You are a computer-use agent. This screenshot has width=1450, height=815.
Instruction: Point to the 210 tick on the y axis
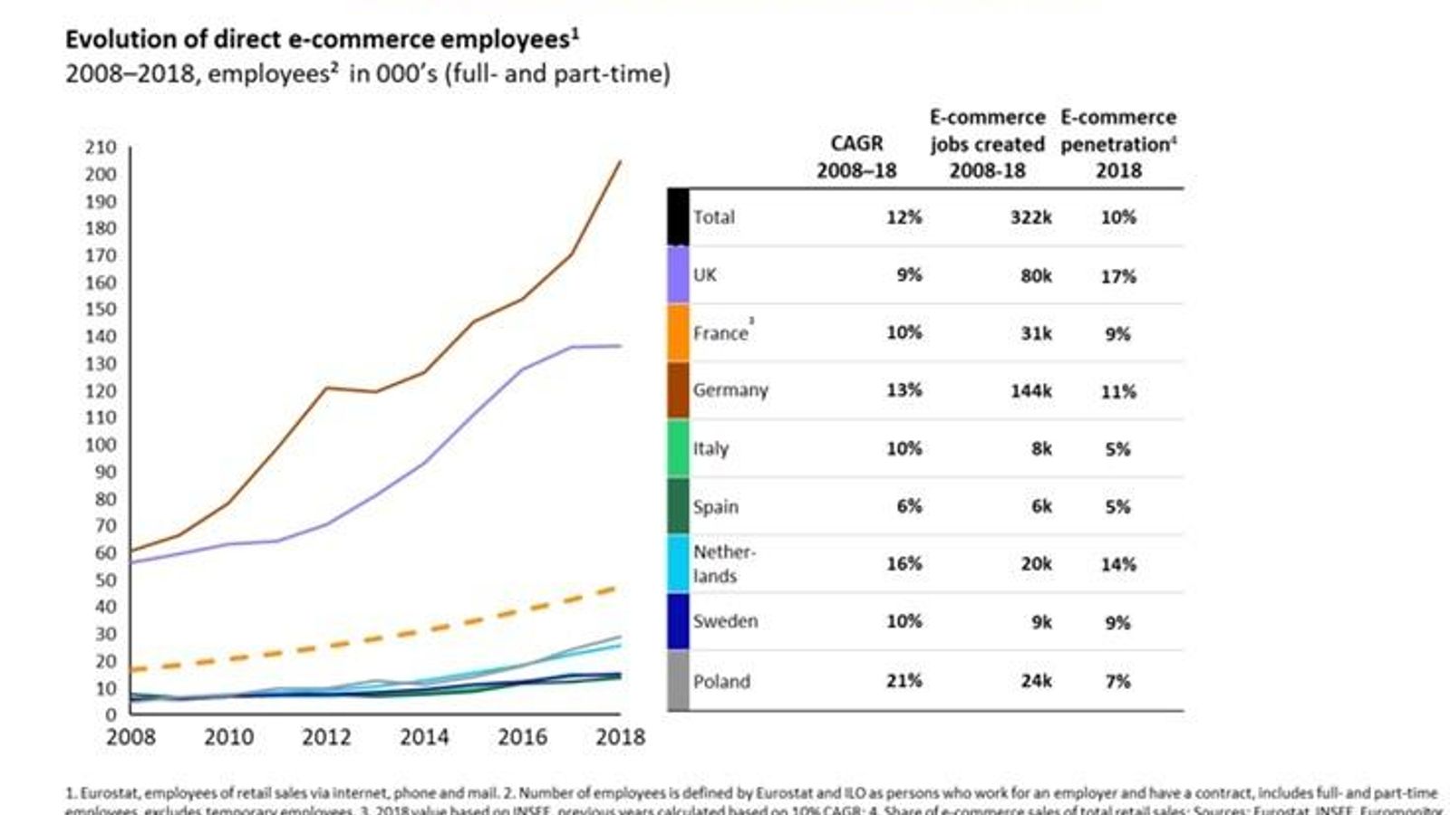(x=101, y=148)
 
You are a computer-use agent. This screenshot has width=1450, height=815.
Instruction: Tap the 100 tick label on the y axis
(x=101, y=445)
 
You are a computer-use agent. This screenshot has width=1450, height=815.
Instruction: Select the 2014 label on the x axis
(x=424, y=737)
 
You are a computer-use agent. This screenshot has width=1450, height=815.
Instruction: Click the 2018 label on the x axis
(x=620, y=737)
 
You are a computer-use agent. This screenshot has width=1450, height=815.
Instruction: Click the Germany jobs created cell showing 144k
(x=1030, y=391)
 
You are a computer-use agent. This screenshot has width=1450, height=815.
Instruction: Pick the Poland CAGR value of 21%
(x=904, y=681)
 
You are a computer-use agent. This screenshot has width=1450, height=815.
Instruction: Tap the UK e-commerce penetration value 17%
(x=1117, y=276)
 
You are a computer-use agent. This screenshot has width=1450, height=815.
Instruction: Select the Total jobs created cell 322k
(x=1030, y=217)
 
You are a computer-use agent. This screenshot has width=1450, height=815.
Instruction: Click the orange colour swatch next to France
(x=678, y=333)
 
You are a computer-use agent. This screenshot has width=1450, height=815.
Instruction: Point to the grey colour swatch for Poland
(x=678, y=681)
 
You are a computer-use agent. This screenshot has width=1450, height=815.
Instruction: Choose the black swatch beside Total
(x=678, y=217)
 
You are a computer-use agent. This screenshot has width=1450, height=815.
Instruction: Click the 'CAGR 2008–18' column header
(x=856, y=157)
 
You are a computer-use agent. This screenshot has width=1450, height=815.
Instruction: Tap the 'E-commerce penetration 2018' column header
(x=1118, y=144)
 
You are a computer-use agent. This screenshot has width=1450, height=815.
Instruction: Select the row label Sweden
(x=725, y=621)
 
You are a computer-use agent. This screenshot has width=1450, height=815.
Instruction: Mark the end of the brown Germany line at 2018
(x=620, y=161)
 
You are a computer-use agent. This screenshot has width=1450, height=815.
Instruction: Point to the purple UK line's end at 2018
(x=620, y=346)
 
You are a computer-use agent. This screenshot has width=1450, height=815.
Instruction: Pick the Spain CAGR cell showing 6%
(x=909, y=506)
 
